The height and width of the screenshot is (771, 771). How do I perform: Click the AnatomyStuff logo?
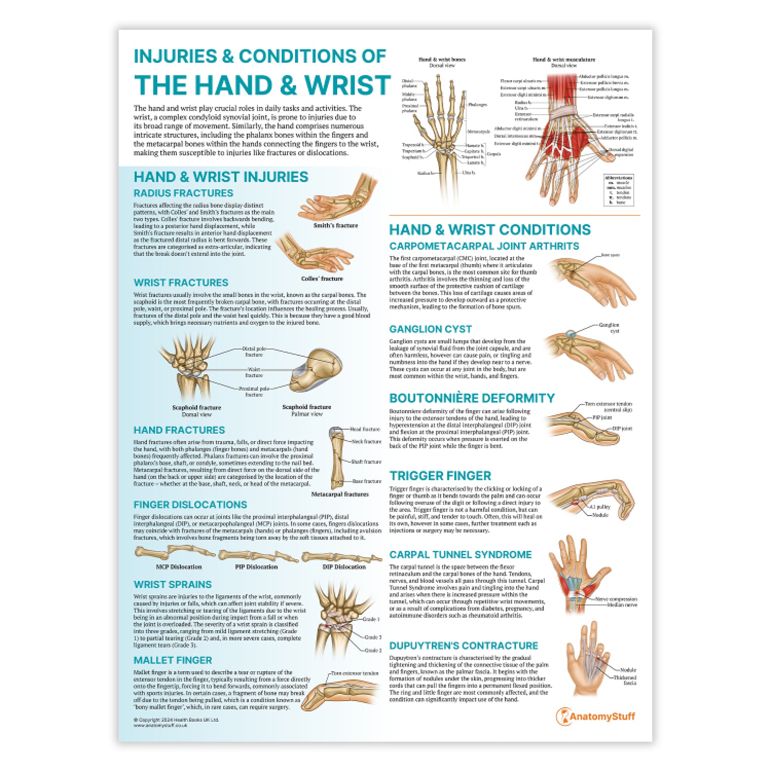tap(596, 716)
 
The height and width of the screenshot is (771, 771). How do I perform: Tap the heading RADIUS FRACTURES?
tap(183, 193)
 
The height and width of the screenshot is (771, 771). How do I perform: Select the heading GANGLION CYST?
tap(430, 329)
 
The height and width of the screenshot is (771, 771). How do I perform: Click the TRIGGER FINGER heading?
tap(440, 475)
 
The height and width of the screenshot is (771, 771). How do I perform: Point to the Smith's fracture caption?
tap(336, 225)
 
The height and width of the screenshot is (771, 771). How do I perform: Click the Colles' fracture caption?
tap(322, 278)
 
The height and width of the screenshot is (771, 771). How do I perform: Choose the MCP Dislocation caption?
tap(178, 566)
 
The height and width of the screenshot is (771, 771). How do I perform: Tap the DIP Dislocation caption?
tap(343, 566)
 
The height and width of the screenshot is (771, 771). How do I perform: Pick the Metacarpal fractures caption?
tap(340, 494)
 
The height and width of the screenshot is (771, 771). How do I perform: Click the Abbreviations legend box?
tap(618, 190)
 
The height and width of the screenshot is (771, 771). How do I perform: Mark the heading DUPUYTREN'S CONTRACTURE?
tap(463, 646)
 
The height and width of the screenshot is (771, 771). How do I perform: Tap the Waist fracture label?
tap(254, 372)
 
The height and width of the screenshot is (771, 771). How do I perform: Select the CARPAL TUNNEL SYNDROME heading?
tap(460, 555)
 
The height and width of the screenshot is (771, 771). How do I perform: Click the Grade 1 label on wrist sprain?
tap(371, 619)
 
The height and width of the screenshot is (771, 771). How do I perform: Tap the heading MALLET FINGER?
tap(173, 660)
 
